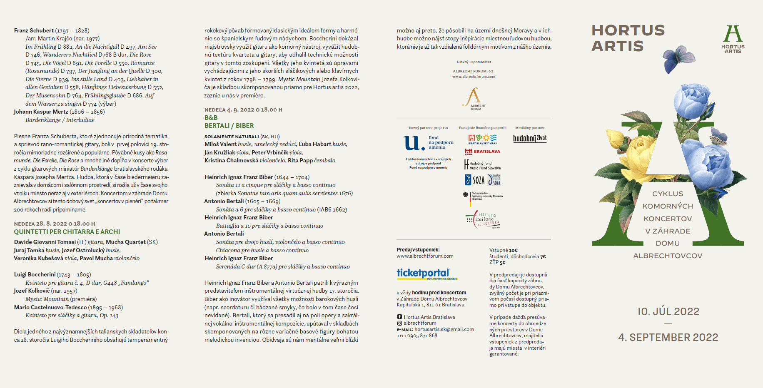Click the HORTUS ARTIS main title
pos(628,38)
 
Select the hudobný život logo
pos(529,138)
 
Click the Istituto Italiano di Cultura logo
pos(483,220)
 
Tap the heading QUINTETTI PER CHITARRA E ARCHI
pos(67,232)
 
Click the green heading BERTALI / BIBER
pos(229,126)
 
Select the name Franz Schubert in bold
pos(34,30)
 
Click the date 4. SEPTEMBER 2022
pos(668,337)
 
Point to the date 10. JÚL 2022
pos(668,311)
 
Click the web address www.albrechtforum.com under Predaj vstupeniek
pos(425,256)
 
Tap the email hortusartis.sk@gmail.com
pos(444,329)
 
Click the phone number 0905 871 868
pos(422,336)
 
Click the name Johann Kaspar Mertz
pos(41,112)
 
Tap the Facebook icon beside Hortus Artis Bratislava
pos(399,317)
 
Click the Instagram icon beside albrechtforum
pos(399,323)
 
